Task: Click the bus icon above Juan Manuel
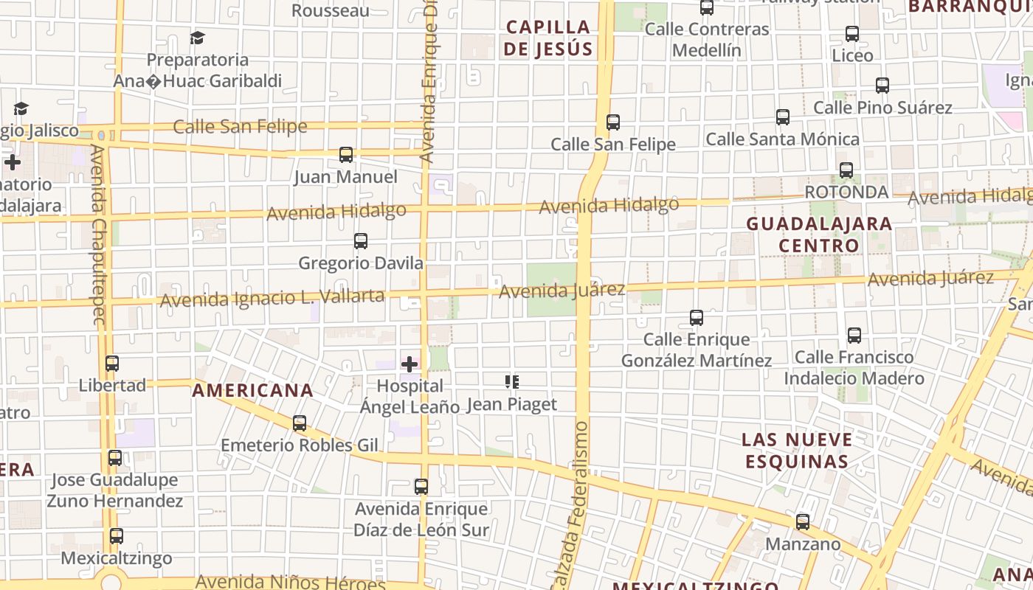coord(346,155)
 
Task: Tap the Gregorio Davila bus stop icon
coord(361,241)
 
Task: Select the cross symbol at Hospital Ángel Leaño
coord(410,364)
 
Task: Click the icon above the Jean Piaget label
coord(511,382)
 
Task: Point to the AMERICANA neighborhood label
coord(253,391)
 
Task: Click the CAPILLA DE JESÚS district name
coord(549,38)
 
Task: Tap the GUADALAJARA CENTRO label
coord(819,235)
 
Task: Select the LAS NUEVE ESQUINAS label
coord(797,451)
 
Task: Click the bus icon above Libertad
coord(112,364)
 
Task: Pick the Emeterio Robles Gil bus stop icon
coord(300,423)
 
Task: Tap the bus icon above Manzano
coord(803,522)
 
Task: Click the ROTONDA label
coord(846,192)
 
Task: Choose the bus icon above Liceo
coord(852,34)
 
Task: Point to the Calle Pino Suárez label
coord(882,108)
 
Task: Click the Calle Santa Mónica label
coord(783,139)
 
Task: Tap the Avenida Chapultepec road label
coord(98,235)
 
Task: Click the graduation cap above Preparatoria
coord(197,38)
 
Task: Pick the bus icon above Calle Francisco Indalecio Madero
coord(854,336)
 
